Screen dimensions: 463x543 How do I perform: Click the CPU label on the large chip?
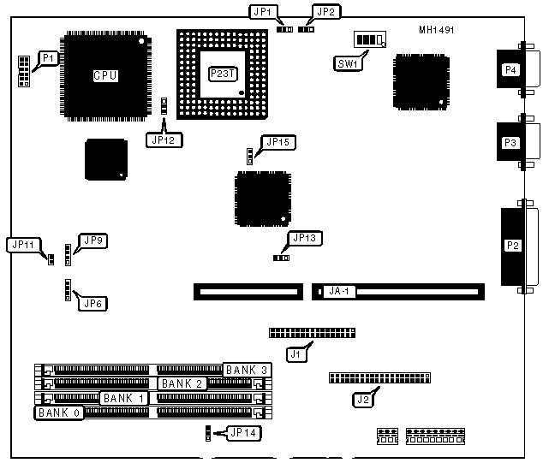(x=104, y=75)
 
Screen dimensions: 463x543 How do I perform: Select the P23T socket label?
(x=220, y=74)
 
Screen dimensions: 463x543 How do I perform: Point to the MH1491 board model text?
(x=437, y=30)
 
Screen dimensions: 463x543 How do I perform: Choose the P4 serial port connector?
(x=511, y=70)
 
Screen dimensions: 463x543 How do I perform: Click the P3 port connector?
(x=511, y=142)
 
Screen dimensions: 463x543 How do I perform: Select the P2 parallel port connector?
(x=512, y=246)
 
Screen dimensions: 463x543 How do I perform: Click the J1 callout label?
(x=296, y=352)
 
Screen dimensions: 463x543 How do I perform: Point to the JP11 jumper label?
(x=22, y=245)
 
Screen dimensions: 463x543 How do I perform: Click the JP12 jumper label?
(x=164, y=140)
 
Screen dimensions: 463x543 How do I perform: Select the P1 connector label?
(x=50, y=58)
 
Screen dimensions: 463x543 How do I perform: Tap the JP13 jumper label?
(x=306, y=238)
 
